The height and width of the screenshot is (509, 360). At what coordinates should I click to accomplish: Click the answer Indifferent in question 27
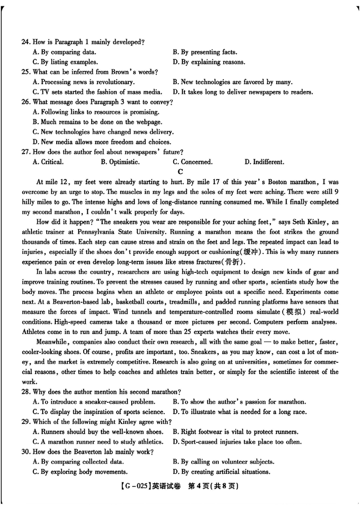coord(264,162)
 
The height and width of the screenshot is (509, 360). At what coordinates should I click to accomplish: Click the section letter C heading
coord(180,171)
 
